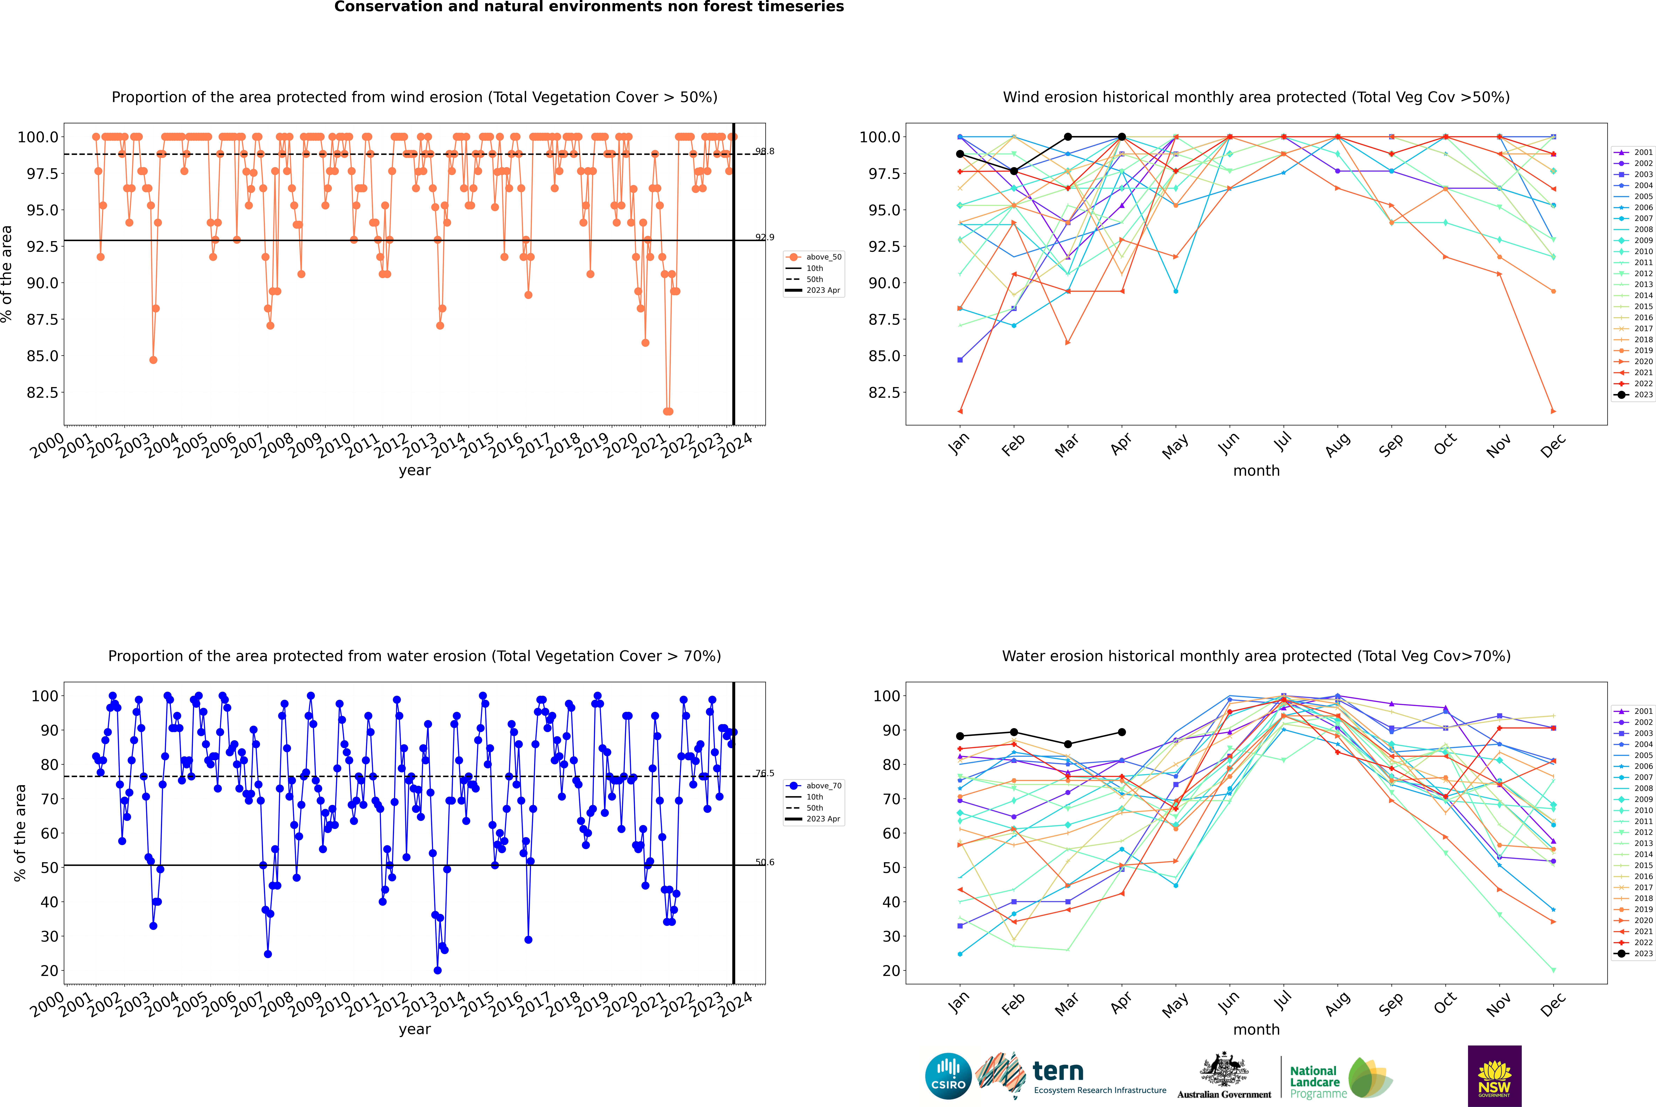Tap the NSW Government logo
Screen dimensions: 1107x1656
point(1494,1075)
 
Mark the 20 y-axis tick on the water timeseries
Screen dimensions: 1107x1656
point(49,971)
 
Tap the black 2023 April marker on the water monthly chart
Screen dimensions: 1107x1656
point(1122,732)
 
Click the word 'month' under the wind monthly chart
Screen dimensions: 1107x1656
point(1256,471)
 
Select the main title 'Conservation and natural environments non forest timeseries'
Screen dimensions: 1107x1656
point(589,7)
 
